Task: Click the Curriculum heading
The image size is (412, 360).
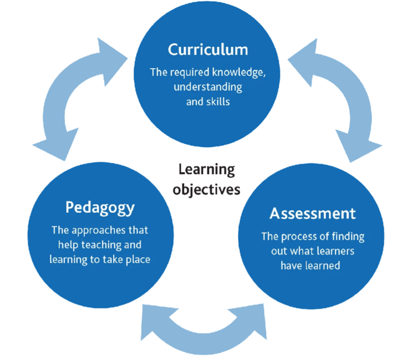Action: click(x=208, y=50)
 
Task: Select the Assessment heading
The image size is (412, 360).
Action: click(x=312, y=214)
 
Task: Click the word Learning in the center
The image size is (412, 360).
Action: click(x=207, y=170)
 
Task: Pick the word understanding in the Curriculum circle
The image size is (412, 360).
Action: click(x=208, y=87)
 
